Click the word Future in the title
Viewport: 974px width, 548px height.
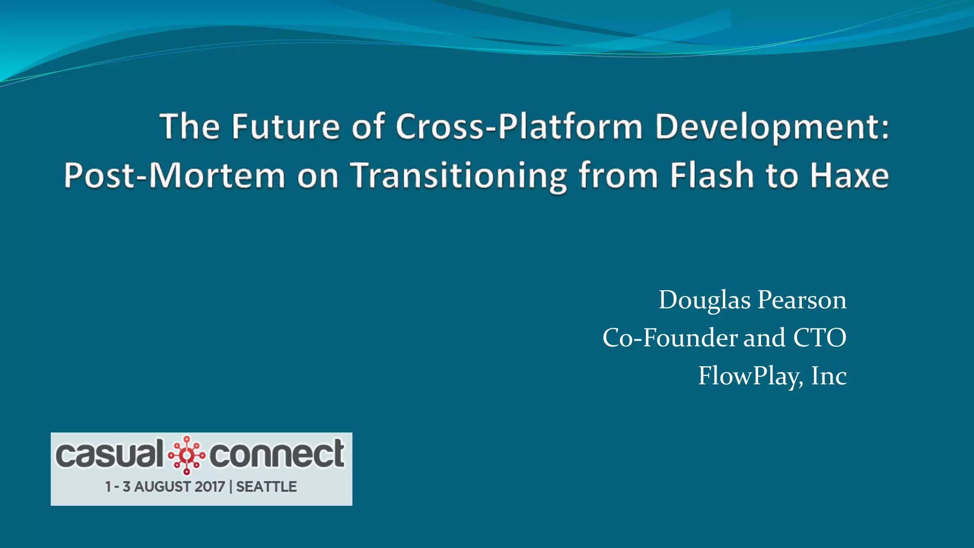[285, 127]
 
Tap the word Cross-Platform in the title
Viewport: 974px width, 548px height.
[519, 127]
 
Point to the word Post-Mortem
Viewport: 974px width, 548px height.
[175, 176]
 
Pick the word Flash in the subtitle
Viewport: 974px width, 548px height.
[712, 176]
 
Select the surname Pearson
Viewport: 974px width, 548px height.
[802, 301]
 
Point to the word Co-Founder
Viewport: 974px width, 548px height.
[670, 338]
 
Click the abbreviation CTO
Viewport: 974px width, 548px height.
[819, 338]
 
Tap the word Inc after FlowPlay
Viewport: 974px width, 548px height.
[828, 376]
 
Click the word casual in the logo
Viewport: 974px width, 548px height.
[109, 454]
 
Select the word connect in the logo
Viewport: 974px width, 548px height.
[277, 454]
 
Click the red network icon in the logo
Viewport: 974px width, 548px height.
[186, 455]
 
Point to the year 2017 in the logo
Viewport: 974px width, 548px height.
[210, 487]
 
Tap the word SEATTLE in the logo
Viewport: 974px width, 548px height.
[266, 487]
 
